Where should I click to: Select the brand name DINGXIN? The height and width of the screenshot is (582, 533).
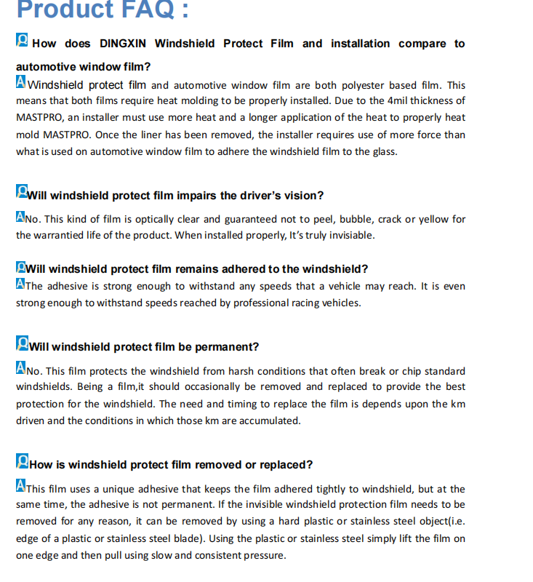tap(124, 44)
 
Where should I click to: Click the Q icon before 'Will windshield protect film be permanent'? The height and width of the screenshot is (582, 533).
tap(23, 344)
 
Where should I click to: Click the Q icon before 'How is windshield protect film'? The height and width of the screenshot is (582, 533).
tap(23, 462)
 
